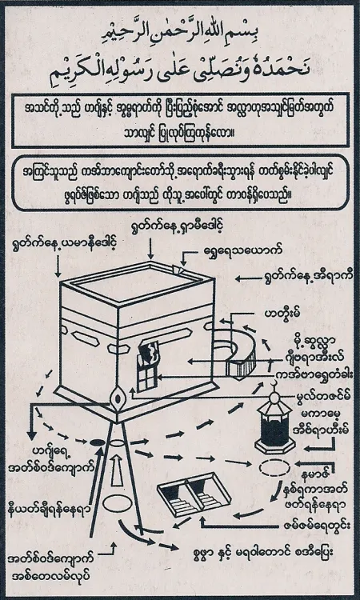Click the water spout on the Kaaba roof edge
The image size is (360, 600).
[x=187, y=271]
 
